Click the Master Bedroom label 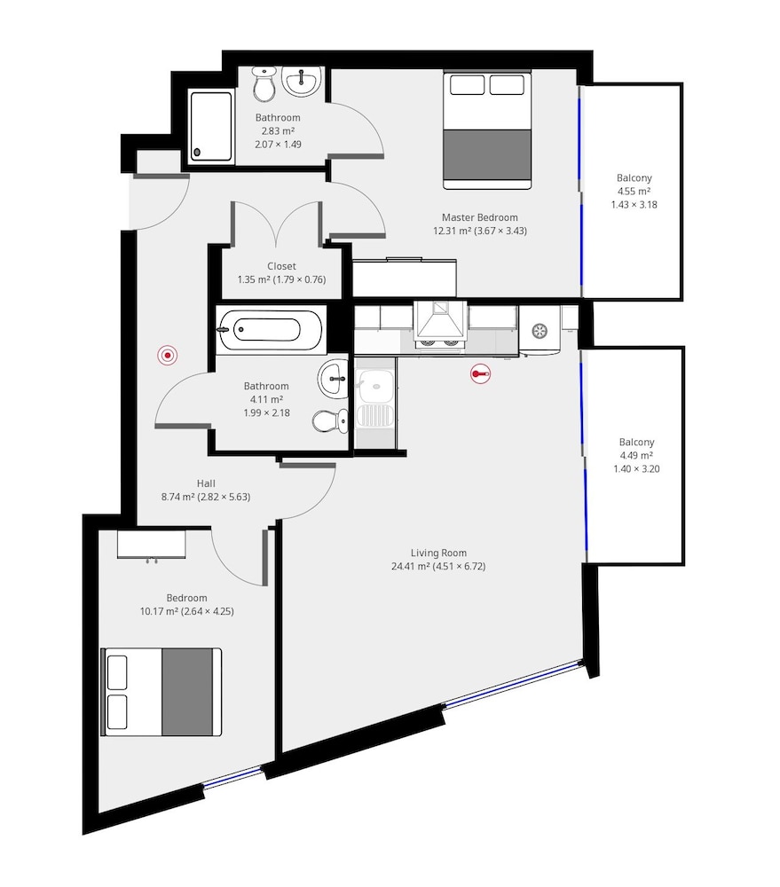(x=479, y=217)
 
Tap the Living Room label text (x=438, y=553)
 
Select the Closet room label (x=281, y=266)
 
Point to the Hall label (x=206, y=483)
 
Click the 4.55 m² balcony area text (x=634, y=192)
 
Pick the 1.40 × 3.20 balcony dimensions (x=636, y=468)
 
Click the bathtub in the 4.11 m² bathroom (x=270, y=330)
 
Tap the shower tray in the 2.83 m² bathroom (x=211, y=127)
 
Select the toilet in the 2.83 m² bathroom (x=264, y=83)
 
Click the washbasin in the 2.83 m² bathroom (x=303, y=82)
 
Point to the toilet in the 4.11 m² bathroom (x=331, y=420)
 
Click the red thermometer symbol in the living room (x=480, y=374)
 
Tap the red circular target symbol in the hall (x=168, y=356)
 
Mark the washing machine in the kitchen (x=540, y=332)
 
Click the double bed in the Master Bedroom (x=487, y=130)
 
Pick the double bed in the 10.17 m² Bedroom (x=161, y=692)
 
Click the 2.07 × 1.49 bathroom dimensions (x=278, y=145)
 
